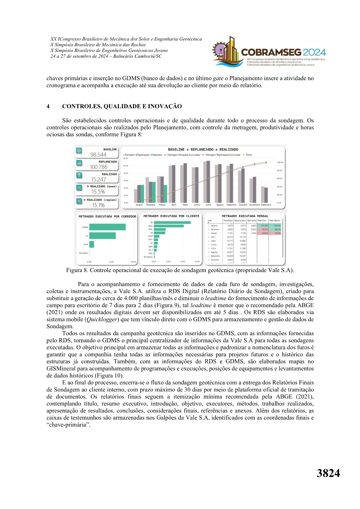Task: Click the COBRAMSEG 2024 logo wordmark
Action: tap(283, 52)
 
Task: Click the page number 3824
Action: tap(328, 473)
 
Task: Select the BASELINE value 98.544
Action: tap(98, 155)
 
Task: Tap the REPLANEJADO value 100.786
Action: tap(99, 167)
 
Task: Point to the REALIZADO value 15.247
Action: tap(99, 180)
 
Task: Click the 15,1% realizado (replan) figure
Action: tap(99, 205)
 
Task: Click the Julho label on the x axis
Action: tap(208, 205)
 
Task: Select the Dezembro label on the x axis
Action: tap(266, 205)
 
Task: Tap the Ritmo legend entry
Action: tap(249, 155)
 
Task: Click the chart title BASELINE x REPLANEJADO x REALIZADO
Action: tap(203, 150)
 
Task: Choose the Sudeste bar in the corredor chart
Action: tap(107, 227)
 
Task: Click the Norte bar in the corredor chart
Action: tap(92, 244)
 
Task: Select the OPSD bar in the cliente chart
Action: tap(169, 226)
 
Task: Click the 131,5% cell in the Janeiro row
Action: tap(264, 226)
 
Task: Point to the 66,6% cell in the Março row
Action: tap(265, 233)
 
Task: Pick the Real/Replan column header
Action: tap(275, 221)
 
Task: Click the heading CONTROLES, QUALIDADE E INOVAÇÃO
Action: tap(122, 106)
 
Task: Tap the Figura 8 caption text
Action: tap(180, 270)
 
